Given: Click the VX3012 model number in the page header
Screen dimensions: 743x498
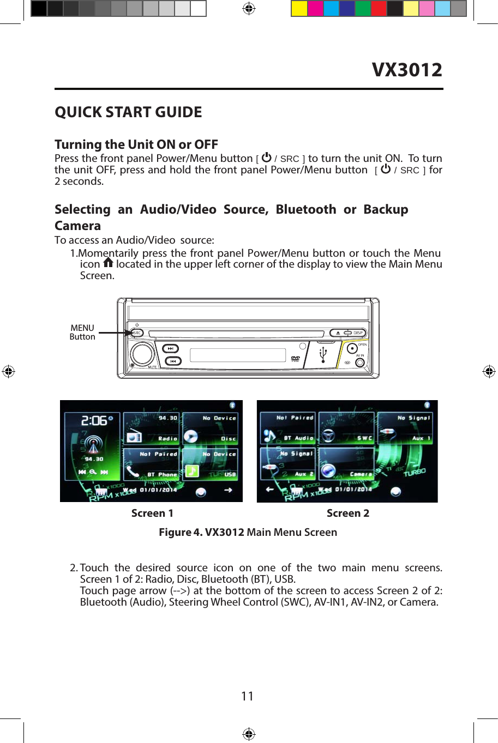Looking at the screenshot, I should coord(407,70).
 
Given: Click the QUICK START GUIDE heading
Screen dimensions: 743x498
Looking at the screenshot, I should coord(128,112).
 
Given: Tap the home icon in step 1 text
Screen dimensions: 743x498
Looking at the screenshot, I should coord(108,263).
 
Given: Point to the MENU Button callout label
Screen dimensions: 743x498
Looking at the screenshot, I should coord(82,332).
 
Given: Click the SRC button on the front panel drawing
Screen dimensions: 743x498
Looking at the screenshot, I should coord(136,333).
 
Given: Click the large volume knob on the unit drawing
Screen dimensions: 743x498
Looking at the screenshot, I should coord(142,354).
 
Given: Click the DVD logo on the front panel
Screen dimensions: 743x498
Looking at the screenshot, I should coord(295,358).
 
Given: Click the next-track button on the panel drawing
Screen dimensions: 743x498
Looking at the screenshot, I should coord(171,348).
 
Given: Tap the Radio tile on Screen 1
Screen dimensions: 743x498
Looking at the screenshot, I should coord(152,428).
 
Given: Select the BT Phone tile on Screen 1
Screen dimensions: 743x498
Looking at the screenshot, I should coord(152,464).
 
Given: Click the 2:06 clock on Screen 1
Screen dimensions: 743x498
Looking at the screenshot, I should coord(94,421).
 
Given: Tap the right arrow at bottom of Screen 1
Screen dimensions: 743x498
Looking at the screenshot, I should coord(228,490).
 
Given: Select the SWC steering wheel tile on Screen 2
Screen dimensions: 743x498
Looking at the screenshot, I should coord(346,428).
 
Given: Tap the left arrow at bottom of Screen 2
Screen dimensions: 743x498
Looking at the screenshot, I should coord(269,490).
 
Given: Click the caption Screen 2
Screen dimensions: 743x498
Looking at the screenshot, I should coord(347,513).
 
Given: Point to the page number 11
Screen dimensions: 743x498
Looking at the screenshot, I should coord(247,696).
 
